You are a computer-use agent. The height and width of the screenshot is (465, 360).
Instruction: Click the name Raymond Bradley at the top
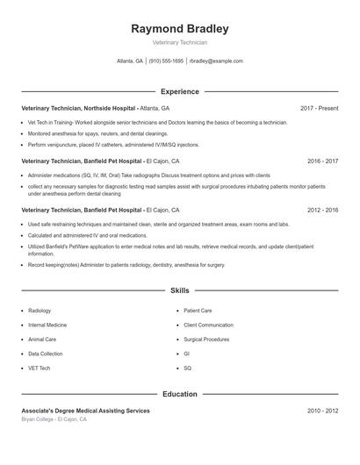point(179,29)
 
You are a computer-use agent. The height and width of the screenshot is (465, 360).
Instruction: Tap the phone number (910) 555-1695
point(166,61)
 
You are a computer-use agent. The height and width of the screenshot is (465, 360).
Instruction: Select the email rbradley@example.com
point(216,61)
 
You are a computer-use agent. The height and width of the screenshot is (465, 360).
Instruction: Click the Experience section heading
point(179,91)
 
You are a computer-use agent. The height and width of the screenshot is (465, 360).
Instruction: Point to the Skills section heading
point(179,290)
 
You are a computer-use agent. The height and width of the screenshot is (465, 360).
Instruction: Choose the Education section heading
point(179,394)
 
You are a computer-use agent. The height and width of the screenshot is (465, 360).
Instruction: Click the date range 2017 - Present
point(319,108)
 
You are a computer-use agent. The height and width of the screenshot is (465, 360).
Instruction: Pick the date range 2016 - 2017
point(322,161)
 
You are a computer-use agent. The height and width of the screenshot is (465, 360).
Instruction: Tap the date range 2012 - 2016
point(322,211)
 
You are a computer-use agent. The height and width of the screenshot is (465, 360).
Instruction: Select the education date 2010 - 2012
point(322,411)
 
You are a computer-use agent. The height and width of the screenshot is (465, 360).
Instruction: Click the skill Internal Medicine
point(47,325)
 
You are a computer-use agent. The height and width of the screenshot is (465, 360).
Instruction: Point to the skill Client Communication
point(209,325)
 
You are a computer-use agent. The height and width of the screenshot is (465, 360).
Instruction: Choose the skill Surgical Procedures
point(207,339)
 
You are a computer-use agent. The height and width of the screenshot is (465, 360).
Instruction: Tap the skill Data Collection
point(46,354)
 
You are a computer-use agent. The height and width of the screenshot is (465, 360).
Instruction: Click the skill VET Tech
point(40,368)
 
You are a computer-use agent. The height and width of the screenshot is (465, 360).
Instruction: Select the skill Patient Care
point(198,311)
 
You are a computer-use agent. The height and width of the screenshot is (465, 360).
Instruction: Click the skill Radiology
point(40,311)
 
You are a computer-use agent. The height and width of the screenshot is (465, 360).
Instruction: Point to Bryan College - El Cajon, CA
point(54,419)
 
